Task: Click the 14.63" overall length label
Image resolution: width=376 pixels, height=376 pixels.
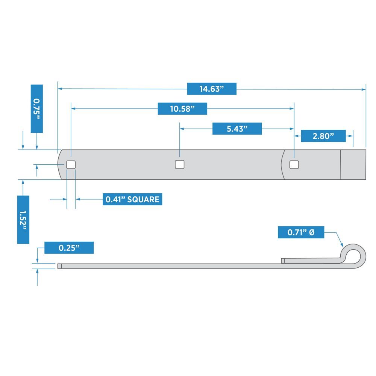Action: click(x=212, y=89)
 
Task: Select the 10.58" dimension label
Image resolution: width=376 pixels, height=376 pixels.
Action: click(x=182, y=109)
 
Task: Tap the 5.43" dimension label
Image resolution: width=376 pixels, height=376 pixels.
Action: click(x=237, y=129)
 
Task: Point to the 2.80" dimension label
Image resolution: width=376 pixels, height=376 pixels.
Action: click(x=323, y=136)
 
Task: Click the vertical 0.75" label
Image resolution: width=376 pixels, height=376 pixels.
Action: click(x=36, y=108)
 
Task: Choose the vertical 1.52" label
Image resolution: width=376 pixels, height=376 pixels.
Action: click(x=23, y=220)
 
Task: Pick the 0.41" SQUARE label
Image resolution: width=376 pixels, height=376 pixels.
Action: click(x=132, y=199)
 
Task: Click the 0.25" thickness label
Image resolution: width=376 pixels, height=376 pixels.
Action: click(x=69, y=248)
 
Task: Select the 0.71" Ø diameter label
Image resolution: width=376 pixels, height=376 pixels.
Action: click(x=301, y=232)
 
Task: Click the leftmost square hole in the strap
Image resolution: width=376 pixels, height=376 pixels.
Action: click(x=71, y=164)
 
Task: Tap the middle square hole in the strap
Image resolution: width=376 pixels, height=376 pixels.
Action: click(x=180, y=164)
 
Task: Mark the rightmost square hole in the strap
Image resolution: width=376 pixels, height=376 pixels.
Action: click(x=294, y=164)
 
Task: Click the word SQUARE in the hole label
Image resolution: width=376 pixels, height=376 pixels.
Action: click(x=143, y=199)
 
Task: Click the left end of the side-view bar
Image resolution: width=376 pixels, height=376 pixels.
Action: click(x=59, y=266)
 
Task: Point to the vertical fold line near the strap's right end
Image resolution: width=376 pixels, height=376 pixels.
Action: click(x=340, y=164)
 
